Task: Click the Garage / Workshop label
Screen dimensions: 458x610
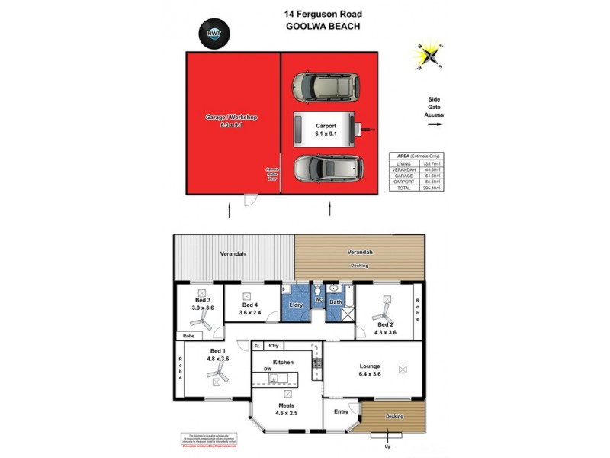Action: click(232, 118)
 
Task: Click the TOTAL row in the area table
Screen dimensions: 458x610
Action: click(416, 188)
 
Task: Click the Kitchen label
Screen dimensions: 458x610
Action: click(283, 362)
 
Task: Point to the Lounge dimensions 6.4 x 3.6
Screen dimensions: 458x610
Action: click(370, 375)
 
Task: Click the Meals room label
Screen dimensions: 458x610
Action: click(287, 405)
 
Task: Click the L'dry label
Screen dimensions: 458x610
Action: click(295, 305)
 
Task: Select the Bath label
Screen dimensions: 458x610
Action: click(335, 302)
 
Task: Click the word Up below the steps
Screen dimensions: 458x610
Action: click(388, 446)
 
